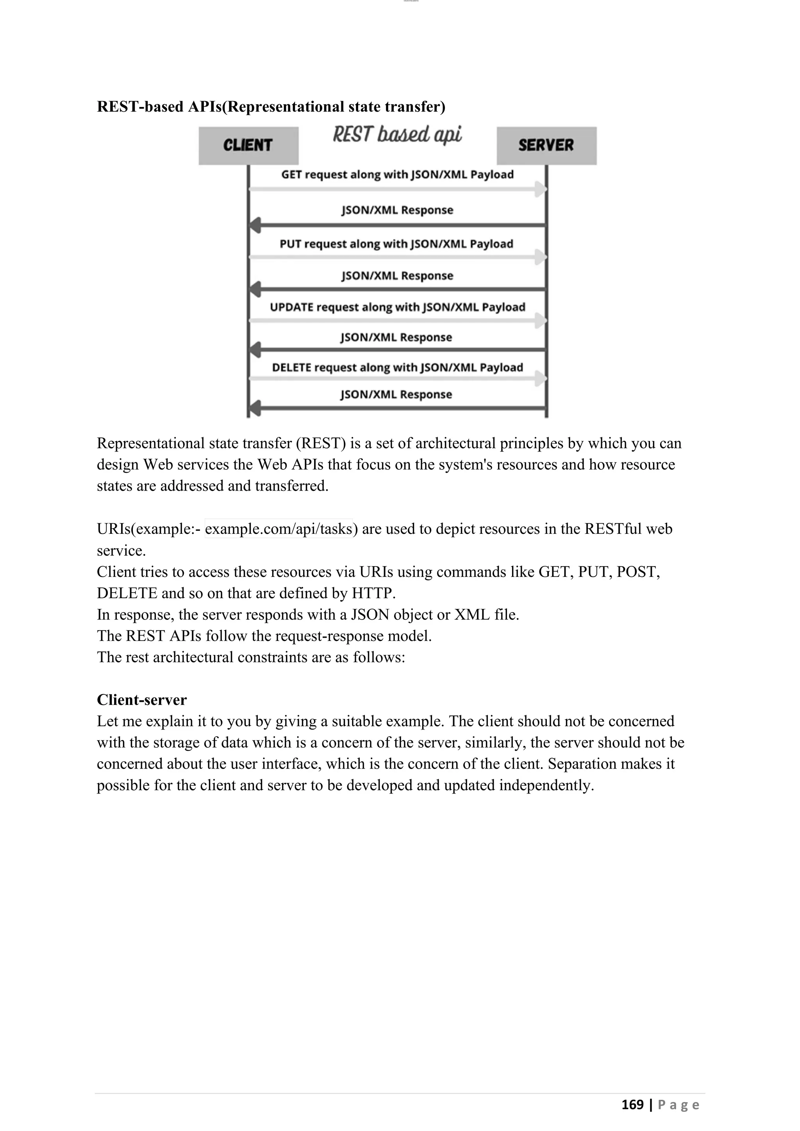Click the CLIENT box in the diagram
coord(248,145)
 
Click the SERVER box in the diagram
coord(546,145)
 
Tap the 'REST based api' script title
coord(397,134)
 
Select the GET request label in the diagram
coord(397,175)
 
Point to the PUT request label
coord(396,244)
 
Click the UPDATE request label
coord(397,307)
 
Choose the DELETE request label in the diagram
coord(397,367)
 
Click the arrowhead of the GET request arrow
coord(541,189)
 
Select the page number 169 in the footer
coord(632,1104)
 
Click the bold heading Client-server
coord(142,699)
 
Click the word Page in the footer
coord(679,1105)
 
